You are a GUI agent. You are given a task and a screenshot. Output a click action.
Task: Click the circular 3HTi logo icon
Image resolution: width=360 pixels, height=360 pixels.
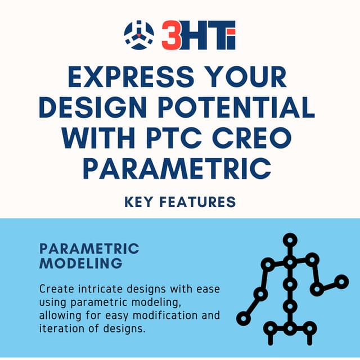138,35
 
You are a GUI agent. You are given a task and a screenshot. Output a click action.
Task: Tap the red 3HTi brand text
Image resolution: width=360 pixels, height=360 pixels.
199,35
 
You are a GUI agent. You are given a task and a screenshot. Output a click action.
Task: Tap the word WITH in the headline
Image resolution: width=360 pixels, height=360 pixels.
96,138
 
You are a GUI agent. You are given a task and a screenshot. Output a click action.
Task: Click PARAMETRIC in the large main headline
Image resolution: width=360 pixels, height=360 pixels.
179,168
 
